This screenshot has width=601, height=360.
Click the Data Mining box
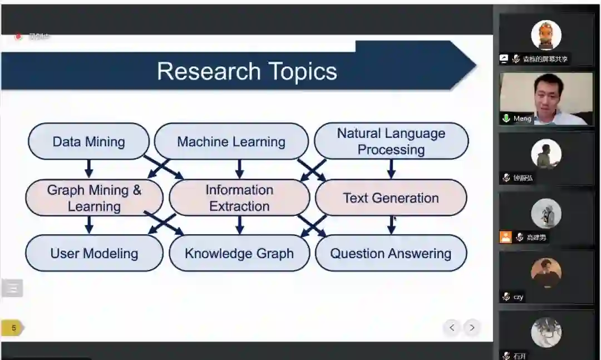(x=89, y=141)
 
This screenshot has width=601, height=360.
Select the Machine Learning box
(x=231, y=141)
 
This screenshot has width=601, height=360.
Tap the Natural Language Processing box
(x=391, y=141)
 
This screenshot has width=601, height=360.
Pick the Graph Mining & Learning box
(x=94, y=198)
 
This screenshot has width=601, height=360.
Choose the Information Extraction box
(x=239, y=198)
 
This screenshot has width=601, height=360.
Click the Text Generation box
(x=391, y=198)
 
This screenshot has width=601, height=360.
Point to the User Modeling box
(x=94, y=253)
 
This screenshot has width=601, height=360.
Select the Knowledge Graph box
(x=239, y=253)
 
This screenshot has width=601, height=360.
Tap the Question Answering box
(x=391, y=253)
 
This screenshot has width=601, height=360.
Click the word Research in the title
(x=209, y=71)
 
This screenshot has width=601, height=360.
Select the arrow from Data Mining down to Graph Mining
(x=89, y=169)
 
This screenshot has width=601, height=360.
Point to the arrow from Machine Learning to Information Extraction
(x=239, y=169)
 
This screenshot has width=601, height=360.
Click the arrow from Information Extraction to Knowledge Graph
(x=239, y=224)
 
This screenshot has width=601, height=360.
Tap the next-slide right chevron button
(x=472, y=328)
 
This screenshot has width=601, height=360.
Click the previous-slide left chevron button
(x=452, y=328)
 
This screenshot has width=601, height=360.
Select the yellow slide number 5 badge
(x=13, y=328)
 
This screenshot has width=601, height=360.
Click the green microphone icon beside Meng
(x=506, y=119)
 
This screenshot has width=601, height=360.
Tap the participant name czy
(x=518, y=297)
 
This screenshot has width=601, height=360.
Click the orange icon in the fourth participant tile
(x=505, y=237)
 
